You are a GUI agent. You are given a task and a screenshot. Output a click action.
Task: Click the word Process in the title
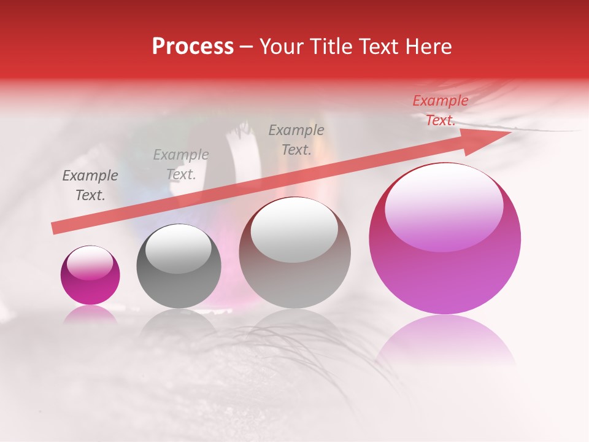[x=193, y=47]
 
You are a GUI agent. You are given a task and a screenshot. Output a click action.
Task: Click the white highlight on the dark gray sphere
[x=179, y=249]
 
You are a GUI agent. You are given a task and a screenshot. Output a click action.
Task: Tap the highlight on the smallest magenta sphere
[x=90, y=263]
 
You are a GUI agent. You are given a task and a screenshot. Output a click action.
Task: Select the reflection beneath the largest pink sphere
[x=445, y=341]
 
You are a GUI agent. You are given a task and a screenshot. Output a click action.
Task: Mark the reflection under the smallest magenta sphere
[x=90, y=314]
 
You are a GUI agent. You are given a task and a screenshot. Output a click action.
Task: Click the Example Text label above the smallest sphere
[x=90, y=185]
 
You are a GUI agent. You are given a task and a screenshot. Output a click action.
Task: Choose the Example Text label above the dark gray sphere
[x=181, y=165]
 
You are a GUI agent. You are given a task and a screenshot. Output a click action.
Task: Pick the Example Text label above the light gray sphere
[x=296, y=139]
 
